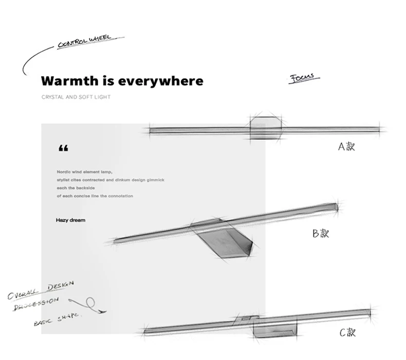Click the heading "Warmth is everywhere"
pos(122,81)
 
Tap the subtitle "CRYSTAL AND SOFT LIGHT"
pos(76,97)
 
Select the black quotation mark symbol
pos(63,149)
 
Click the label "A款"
pos(346,146)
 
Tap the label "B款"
pos(320,234)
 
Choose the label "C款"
pos(347,332)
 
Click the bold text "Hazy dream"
pos(70,220)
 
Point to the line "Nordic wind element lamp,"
pos(84,173)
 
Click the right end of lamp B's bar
pos(335,206)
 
